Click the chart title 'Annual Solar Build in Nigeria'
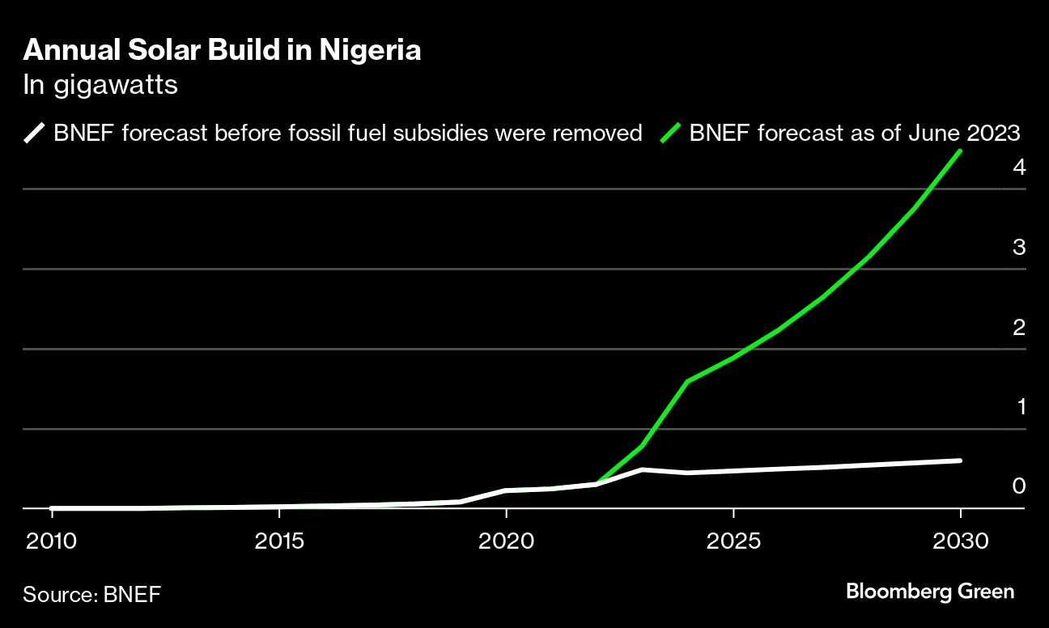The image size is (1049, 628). (x=222, y=51)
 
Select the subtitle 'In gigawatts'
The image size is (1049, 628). (x=100, y=86)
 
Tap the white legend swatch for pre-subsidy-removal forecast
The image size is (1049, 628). (x=36, y=133)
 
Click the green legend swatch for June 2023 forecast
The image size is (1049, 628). (x=671, y=133)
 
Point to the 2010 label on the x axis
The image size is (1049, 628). (x=53, y=540)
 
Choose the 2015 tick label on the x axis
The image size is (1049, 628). (x=279, y=540)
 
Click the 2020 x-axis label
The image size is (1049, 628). (x=506, y=540)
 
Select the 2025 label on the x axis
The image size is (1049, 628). (x=733, y=540)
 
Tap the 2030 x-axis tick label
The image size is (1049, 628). (x=960, y=540)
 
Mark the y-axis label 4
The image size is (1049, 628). (x=1019, y=168)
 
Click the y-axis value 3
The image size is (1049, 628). (x=1019, y=248)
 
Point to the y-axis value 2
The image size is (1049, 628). (x=1019, y=328)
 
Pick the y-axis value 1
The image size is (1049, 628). (x=1021, y=407)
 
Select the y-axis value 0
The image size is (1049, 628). (x=1019, y=486)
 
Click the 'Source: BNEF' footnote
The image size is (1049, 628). (x=91, y=595)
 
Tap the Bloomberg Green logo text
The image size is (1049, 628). (x=930, y=592)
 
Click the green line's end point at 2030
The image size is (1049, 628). (x=960, y=151)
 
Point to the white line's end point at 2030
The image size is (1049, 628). (x=960, y=460)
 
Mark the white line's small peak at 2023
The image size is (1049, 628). (x=642, y=469)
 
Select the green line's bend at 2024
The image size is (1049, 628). (x=687, y=381)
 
